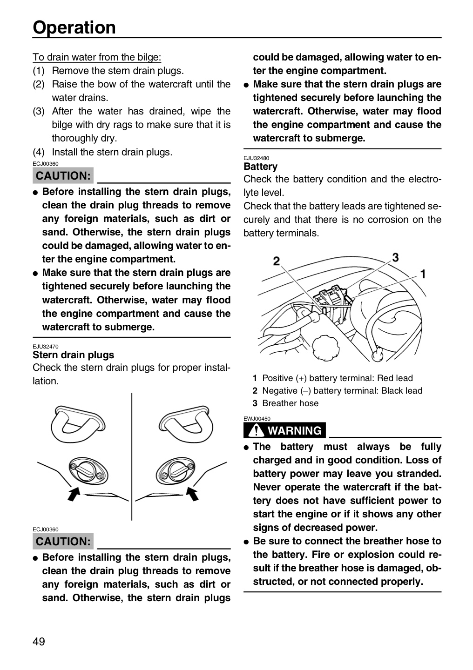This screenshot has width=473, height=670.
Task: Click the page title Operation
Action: click(74, 28)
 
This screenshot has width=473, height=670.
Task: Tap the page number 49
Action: click(39, 642)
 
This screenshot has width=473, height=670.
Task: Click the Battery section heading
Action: click(260, 167)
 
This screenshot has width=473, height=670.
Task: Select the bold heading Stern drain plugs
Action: click(74, 355)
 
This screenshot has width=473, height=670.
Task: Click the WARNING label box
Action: click(284, 430)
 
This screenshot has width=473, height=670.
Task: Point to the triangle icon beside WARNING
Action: click(256, 430)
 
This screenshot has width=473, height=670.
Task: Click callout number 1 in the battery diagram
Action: click(423, 274)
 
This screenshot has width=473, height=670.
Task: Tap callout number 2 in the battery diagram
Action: click(277, 261)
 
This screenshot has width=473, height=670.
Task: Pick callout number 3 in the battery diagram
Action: click(395, 257)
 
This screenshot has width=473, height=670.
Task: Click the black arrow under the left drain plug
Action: click(74, 494)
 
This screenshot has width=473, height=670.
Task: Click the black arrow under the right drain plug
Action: click(192, 494)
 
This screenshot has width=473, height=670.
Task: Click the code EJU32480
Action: click(256, 158)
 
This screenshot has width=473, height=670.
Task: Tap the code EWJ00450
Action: click(257, 419)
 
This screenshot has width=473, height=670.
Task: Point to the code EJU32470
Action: click(46, 347)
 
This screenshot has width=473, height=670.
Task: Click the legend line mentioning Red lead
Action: click(332, 378)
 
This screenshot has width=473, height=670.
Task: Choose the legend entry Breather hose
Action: click(285, 403)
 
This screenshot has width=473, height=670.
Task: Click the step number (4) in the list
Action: click(39, 152)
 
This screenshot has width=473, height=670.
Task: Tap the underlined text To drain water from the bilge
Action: click(97, 57)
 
